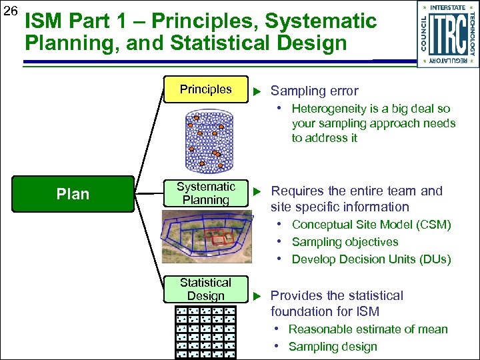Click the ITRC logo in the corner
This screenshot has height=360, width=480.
(447, 33)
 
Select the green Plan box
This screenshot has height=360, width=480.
(73, 194)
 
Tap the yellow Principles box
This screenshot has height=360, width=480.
(205, 89)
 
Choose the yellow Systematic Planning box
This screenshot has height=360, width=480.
(205, 193)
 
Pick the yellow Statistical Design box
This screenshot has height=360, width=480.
(205, 289)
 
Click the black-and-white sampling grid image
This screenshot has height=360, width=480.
(205, 333)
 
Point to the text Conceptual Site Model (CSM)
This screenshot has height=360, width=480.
(371, 225)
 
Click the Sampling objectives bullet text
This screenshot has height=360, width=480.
(345, 242)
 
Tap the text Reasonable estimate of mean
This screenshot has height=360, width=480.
(368, 329)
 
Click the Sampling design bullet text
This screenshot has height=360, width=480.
(333, 347)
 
